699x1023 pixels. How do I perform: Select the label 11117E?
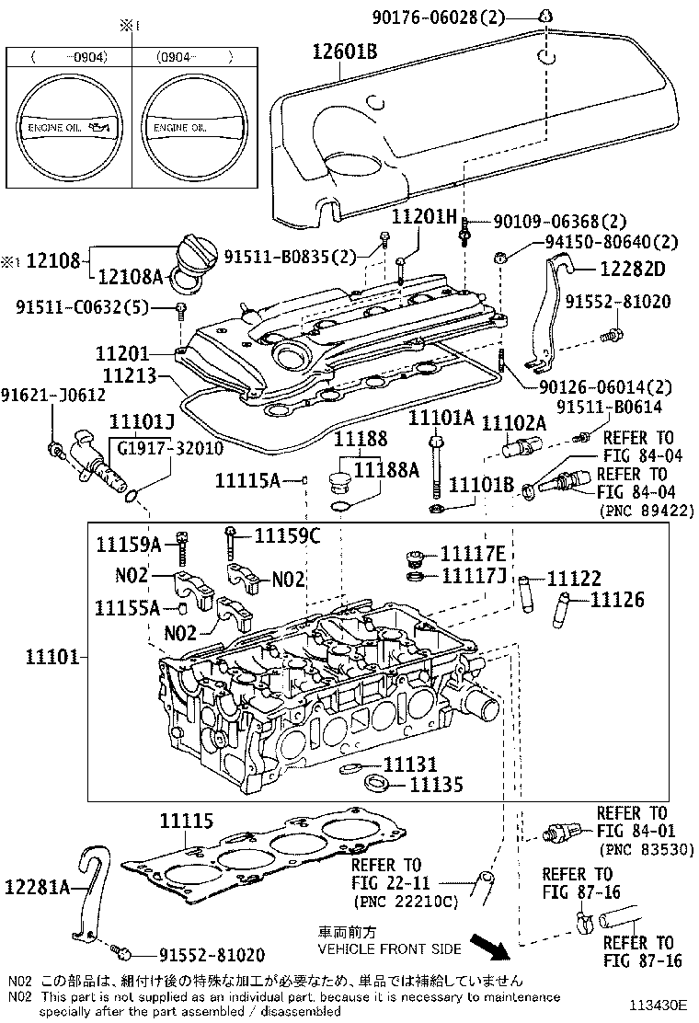tap(473, 553)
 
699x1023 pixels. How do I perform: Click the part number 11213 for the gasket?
tap(129, 375)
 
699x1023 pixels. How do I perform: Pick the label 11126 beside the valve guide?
tap(617, 600)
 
